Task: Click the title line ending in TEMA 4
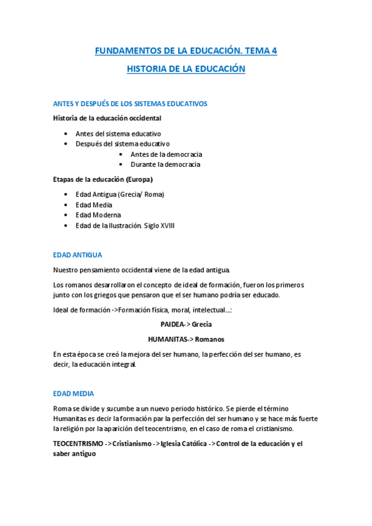(186, 51)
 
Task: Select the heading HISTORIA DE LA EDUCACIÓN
(186, 69)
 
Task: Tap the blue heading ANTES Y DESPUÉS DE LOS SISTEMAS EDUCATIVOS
(130, 104)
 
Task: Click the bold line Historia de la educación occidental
(107, 118)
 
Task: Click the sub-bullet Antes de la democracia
(166, 154)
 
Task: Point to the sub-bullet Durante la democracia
(165, 165)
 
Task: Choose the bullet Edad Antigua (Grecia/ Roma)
(120, 195)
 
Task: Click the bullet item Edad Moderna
(98, 215)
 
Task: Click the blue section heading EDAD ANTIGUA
(78, 255)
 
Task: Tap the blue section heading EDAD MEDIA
(73, 393)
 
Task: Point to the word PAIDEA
(172, 324)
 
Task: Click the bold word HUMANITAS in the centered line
(168, 339)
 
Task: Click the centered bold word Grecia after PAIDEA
(202, 324)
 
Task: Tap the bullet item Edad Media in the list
(94, 205)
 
